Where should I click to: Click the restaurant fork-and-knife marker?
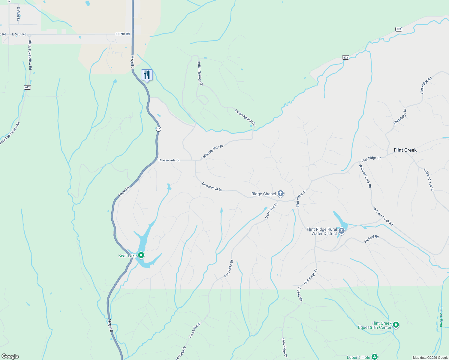tap(147, 75)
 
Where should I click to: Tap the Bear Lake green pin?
tap(141, 255)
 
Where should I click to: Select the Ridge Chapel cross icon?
tap(281, 193)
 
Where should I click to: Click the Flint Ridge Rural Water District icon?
tap(341, 231)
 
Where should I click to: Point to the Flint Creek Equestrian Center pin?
tap(396, 325)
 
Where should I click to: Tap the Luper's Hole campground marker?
tap(374, 357)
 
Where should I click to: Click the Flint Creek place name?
tap(405, 150)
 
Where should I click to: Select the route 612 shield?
tap(28, 87)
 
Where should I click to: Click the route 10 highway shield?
tap(158, 129)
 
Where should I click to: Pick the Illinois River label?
tap(441, 316)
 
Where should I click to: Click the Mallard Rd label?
tap(371, 239)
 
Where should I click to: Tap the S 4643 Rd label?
tap(300, 294)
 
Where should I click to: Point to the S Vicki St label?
tap(18, 14)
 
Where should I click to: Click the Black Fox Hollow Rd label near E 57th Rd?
tap(30, 55)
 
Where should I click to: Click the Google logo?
tap(10, 356)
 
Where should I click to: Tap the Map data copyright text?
tap(430, 358)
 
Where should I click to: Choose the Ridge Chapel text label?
tap(264, 194)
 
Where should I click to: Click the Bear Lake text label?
tap(127, 256)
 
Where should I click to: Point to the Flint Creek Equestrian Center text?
tap(375, 325)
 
